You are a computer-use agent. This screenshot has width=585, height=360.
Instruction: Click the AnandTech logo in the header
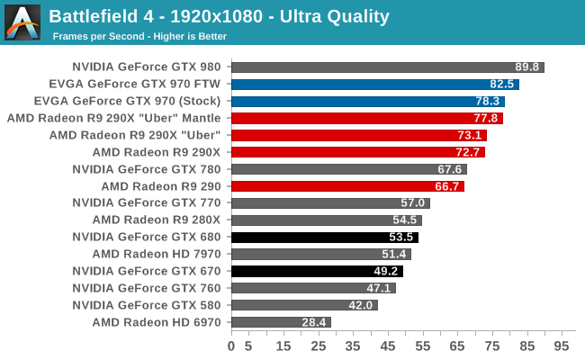click(22, 22)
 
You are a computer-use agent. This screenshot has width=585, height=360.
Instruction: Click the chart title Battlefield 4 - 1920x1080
click(219, 16)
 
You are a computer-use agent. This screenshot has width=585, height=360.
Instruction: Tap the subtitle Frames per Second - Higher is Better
click(139, 37)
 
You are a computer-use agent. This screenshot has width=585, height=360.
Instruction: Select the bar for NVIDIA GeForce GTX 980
click(388, 67)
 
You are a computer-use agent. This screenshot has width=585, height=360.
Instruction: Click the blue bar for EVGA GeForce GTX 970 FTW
click(375, 85)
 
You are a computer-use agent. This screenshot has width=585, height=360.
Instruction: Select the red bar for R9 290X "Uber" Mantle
click(367, 118)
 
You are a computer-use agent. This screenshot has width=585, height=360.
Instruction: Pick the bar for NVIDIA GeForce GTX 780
click(349, 169)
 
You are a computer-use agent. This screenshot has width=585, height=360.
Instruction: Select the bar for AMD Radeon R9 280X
click(326, 220)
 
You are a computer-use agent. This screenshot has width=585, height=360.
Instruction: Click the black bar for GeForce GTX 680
click(324, 237)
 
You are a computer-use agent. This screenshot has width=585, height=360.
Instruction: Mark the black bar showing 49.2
click(317, 271)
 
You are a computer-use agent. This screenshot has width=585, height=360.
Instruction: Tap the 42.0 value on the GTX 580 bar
click(361, 305)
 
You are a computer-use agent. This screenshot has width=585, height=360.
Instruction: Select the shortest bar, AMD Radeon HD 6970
click(281, 322)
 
